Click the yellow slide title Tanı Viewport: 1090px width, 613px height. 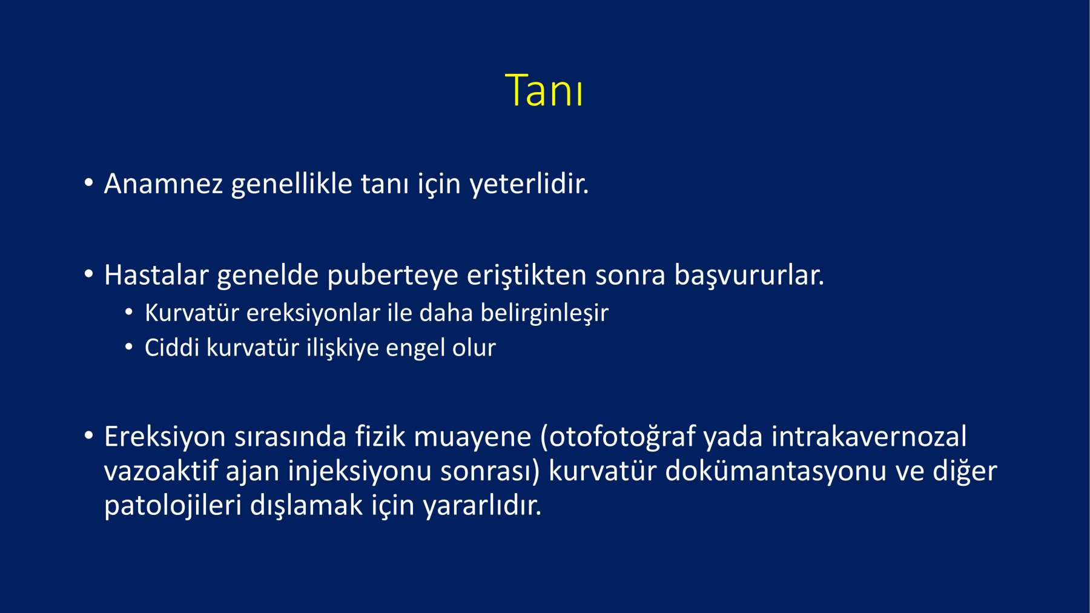click(544, 90)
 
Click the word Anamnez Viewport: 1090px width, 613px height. click(163, 184)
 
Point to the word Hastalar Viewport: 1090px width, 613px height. click(156, 275)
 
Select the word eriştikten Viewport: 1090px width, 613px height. click(527, 276)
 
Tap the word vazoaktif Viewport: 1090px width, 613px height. click(160, 471)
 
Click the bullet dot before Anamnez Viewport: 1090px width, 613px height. click(89, 182)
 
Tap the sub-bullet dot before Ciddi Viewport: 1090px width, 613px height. click(129, 347)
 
